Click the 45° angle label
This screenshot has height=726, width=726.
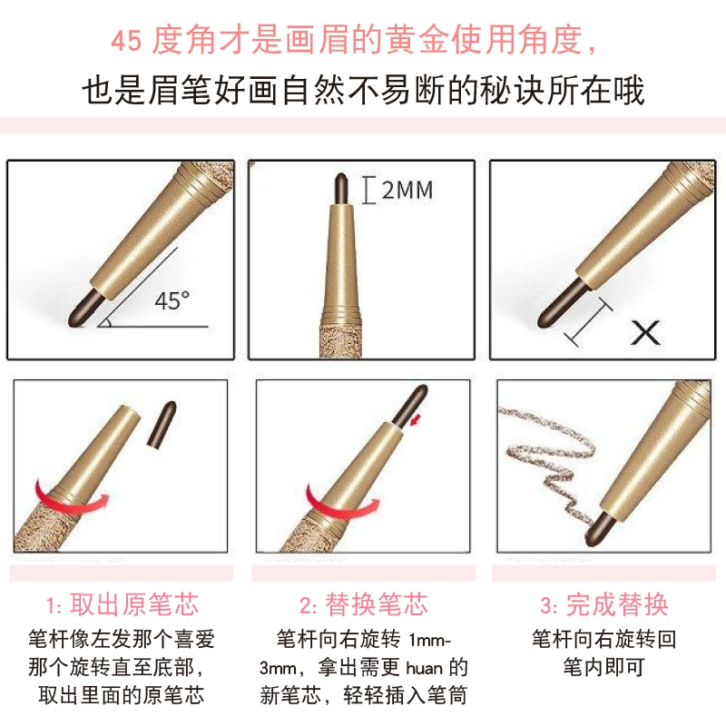coord(172,300)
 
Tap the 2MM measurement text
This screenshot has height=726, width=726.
coord(407,191)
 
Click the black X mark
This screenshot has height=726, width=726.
coord(645,332)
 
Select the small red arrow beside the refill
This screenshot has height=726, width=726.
coord(417,420)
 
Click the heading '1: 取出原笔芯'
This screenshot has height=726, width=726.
coord(123,604)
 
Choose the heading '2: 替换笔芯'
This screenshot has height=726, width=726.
coord(364,604)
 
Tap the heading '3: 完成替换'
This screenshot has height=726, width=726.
coord(604,604)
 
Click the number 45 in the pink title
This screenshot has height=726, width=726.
coord(126,41)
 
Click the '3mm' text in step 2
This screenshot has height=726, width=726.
coord(278,669)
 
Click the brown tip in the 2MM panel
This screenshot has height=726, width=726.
coord(341,189)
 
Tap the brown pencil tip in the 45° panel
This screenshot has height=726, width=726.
coord(86,308)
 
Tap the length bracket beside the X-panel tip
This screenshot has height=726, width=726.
coord(587,322)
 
